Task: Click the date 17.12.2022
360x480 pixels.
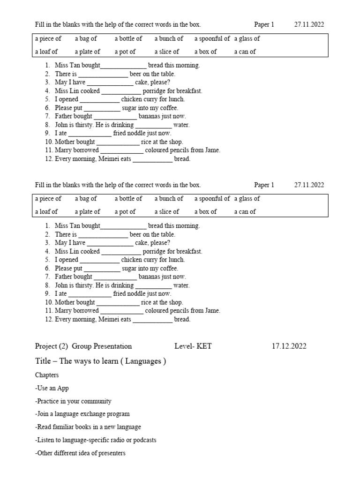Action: point(289,346)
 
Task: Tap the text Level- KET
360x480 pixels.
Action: point(193,346)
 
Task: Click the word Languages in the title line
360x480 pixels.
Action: point(143,361)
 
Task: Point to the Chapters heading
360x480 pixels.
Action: point(47,375)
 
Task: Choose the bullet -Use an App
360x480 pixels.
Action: point(52,389)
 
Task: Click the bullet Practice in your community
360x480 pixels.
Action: point(73,401)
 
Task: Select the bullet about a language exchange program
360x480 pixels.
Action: point(82,414)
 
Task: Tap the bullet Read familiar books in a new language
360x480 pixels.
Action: point(88,427)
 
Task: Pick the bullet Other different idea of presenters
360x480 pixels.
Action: point(80,453)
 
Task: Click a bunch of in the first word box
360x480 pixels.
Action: point(169,38)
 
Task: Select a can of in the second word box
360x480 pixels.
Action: point(245,211)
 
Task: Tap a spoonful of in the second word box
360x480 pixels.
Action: point(212,198)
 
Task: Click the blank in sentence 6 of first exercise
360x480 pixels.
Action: point(102,108)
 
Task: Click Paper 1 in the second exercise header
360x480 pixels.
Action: point(264,185)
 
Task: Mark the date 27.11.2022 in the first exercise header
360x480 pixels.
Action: point(309,25)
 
